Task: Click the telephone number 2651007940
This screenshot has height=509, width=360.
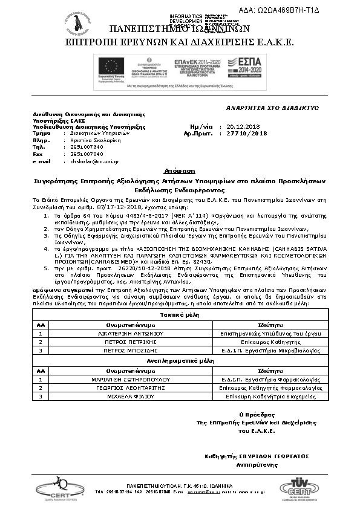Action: point(87,147)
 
